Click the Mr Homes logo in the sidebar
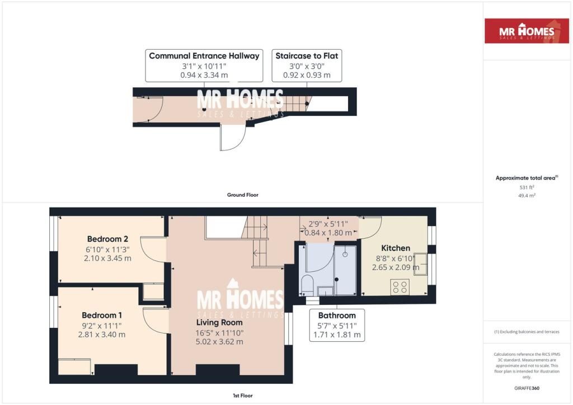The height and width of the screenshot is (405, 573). pyautogui.click(x=527, y=31)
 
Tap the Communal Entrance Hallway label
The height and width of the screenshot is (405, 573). pyautogui.click(x=204, y=56)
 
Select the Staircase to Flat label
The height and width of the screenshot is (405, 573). pyautogui.click(x=307, y=56)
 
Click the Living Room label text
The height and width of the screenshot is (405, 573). pyautogui.click(x=219, y=322)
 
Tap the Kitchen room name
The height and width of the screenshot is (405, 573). pyautogui.click(x=396, y=248)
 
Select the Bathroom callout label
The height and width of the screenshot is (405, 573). pyautogui.click(x=337, y=315)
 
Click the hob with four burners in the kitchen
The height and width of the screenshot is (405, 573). pyautogui.click(x=400, y=287)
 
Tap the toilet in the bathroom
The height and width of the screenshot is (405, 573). pyautogui.click(x=306, y=285)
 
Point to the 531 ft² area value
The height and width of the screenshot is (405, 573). pyautogui.click(x=528, y=187)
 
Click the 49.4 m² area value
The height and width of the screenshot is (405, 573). pyautogui.click(x=528, y=196)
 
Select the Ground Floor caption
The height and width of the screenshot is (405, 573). pyautogui.click(x=242, y=195)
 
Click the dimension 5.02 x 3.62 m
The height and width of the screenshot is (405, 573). pyautogui.click(x=219, y=342)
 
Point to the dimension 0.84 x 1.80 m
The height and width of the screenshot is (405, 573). pyautogui.click(x=331, y=233)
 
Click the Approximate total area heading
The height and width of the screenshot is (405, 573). pyautogui.click(x=526, y=178)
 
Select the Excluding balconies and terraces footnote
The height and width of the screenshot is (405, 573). pyautogui.click(x=527, y=332)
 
